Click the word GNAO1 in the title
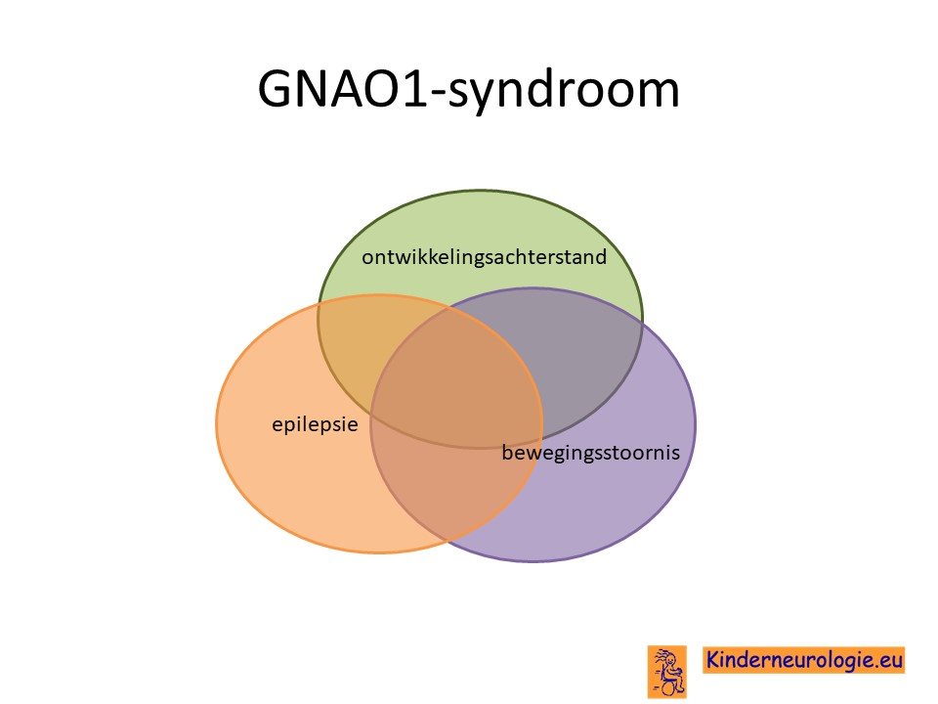tap(343, 89)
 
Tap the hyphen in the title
tap(439, 94)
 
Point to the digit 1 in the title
tap(416, 89)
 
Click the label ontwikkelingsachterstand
tap(484, 257)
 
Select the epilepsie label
tap(315, 424)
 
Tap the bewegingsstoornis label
tap(590, 453)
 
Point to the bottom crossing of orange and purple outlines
tap(448, 541)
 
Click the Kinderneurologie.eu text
tap(803, 660)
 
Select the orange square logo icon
tap(667, 671)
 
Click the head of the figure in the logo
tap(671, 658)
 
